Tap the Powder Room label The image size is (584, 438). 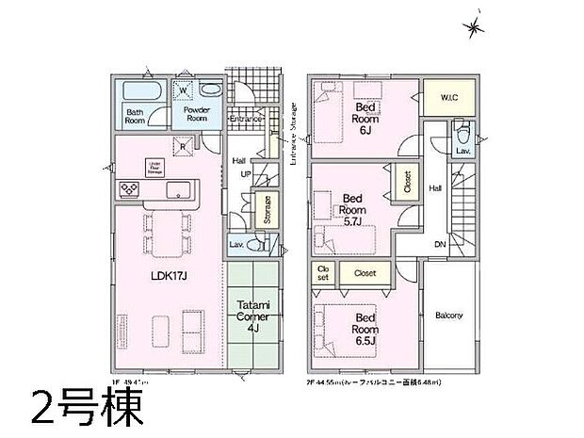(196, 113)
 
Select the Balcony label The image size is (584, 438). (448, 316)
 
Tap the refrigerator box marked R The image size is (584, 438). (185, 145)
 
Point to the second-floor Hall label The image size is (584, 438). (436, 188)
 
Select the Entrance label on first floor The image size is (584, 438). (245, 119)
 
